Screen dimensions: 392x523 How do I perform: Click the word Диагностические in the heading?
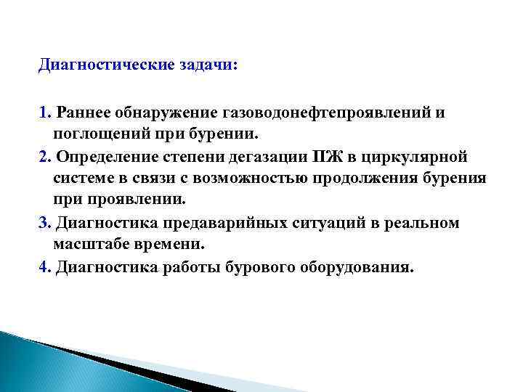click(105, 65)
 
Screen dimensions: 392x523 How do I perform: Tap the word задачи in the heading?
click(205, 65)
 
